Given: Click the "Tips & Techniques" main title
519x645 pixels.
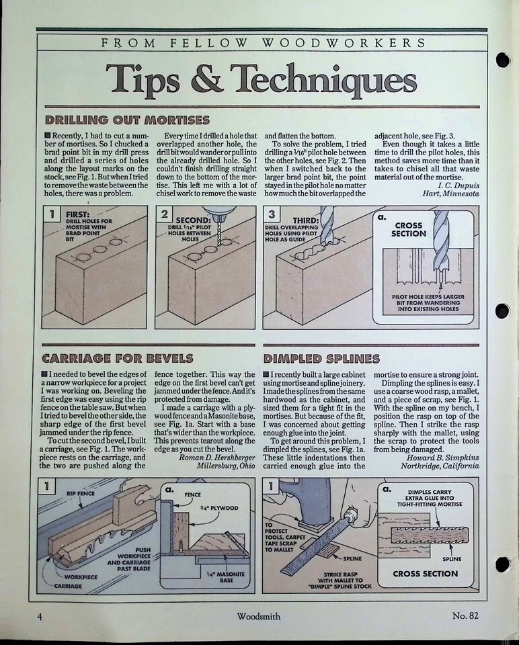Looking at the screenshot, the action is point(261,78).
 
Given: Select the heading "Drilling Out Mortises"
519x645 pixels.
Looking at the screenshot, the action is point(127,120).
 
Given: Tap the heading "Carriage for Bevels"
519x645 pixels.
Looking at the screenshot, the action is point(117,358).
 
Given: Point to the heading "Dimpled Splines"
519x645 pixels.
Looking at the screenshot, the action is point(321,359).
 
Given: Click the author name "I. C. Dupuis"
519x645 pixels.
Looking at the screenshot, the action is point(458,185).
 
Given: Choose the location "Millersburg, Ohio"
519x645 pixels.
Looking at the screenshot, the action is point(225,466).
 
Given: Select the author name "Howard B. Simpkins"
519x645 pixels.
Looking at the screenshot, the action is point(443,458).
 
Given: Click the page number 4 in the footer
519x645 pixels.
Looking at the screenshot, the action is point(40,617).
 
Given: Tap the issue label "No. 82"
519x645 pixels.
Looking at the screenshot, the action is point(465,615).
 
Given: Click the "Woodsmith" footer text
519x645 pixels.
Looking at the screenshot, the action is point(258,616).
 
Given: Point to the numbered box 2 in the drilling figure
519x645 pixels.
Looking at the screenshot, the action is point(165,214).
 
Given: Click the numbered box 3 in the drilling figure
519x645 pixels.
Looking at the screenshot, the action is point(272,214).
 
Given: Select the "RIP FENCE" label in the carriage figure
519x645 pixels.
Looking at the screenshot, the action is point(81,494).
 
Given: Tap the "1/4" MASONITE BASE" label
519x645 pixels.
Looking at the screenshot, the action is point(225,577).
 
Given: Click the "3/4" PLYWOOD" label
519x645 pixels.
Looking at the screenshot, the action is point(219,508).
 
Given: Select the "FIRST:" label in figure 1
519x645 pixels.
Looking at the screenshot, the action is point(78,214).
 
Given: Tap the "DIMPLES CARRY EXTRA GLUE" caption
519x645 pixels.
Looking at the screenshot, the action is point(430,498).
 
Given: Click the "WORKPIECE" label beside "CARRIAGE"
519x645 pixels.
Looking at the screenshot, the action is point(81,576).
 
